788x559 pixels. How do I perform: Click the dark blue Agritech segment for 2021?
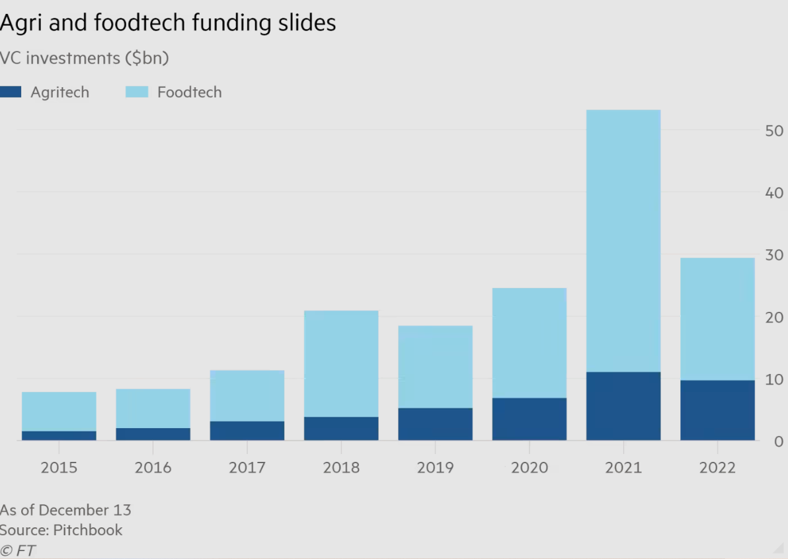pos(623,406)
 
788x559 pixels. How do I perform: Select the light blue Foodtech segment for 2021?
pos(623,241)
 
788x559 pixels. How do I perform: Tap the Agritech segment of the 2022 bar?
pos(717,410)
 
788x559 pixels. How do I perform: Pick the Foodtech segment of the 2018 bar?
pos(341,363)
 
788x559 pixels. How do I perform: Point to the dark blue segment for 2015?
pos(59,435)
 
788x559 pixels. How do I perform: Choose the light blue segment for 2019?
pos(435,367)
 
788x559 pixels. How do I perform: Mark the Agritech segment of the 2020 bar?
pos(529,419)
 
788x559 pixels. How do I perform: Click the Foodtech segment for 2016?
pos(153,408)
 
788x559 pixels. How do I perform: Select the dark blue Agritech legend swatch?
pos(11,92)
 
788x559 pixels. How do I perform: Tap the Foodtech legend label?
pos(189,93)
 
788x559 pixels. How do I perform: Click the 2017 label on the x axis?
pos(247,468)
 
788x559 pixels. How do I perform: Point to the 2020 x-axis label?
pos(529,468)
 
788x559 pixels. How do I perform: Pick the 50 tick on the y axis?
pos(773,130)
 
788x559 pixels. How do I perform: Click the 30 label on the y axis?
pos(773,254)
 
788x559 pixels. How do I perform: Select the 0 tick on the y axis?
pos(779,441)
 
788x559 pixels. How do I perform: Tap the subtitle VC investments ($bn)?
pos(85,58)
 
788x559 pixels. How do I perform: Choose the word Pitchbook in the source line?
pos(88,530)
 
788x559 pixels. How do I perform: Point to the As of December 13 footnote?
pos(65,510)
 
